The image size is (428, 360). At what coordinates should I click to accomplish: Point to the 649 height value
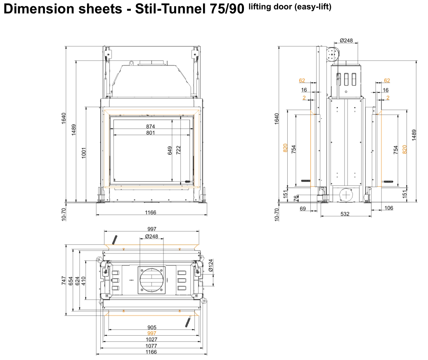(170, 151)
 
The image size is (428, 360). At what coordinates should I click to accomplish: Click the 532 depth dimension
(345, 214)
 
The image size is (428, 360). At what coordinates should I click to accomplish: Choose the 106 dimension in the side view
(388, 208)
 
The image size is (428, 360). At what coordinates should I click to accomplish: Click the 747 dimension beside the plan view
(64, 281)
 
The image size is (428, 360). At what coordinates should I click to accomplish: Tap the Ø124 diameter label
(211, 265)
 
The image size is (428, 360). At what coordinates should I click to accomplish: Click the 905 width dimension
(151, 327)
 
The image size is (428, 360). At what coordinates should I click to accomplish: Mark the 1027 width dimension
(151, 339)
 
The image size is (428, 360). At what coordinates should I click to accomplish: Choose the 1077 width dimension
(151, 346)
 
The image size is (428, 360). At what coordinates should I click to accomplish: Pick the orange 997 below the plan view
(151, 333)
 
